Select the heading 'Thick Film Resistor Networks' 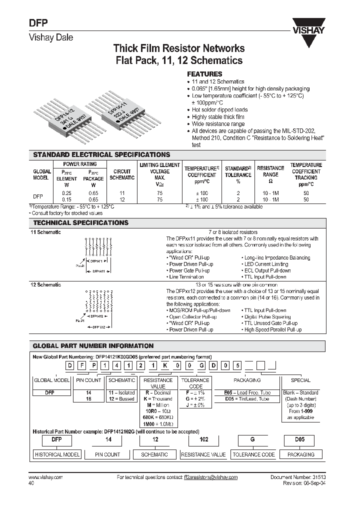179,48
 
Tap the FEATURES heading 204,73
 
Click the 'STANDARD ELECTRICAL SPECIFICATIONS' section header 101,155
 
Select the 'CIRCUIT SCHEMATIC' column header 122,174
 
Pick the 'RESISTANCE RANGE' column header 270,171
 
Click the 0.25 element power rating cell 66,193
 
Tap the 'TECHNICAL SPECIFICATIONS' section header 80,223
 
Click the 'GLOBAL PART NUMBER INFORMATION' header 93,346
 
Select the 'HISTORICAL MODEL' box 56,454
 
